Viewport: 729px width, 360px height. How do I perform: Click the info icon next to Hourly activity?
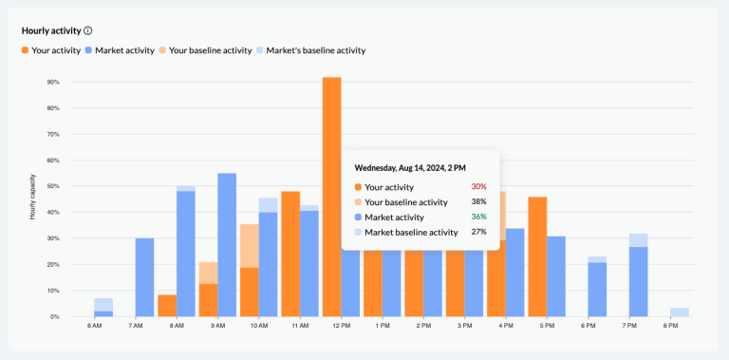pyautogui.click(x=88, y=30)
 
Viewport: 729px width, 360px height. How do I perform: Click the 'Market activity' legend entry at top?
pyautogui.click(x=119, y=50)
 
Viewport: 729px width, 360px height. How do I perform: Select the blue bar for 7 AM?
pyautogui.click(x=144, y=276)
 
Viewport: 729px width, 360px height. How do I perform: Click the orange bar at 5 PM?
pyautogui.click(x=537, y=256)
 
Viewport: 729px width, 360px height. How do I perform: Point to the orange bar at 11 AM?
pyautogui.click(x=290, y=253)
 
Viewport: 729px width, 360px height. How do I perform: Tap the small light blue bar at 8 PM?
pyautogui.click(x=680, y=312)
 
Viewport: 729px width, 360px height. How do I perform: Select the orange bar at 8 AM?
pyautogui.click(x=167, y=305)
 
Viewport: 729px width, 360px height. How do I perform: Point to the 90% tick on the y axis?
pyautogui.click(x=53, y=82)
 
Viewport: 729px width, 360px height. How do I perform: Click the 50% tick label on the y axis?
pyautogui.click(x=53, y=186)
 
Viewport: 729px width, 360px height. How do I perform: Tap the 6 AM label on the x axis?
pyautogui.click(x=94, y=327)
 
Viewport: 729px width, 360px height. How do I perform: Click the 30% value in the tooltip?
pyautogui.click(x=478, y=187)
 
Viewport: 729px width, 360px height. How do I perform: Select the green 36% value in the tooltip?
pyautogui.click(x=478, y=217)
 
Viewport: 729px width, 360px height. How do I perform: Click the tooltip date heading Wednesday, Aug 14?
pyautogui.click(x=410, y=168)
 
